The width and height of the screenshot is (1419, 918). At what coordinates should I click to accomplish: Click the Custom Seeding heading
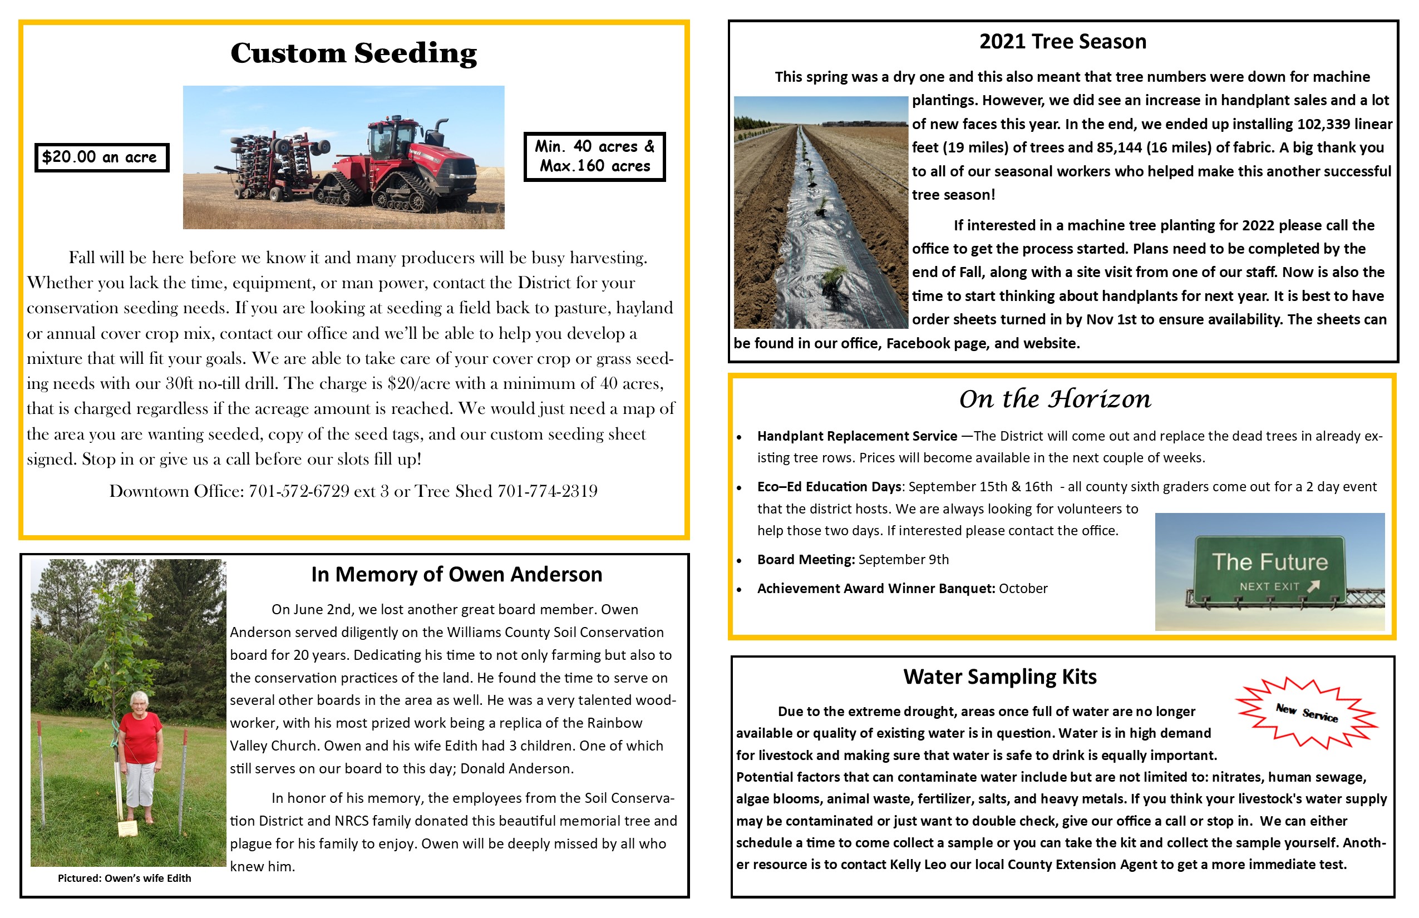pyautogui.click(x=353, y=53)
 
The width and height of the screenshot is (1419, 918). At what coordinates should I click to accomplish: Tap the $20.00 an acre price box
pyautogui.click(x=101, y=157)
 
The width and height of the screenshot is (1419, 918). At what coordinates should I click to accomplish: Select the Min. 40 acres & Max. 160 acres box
pyautogui.click(x=594, y=156)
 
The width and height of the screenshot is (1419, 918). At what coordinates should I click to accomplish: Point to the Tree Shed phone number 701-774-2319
pyautogui.click(x=548, y=491)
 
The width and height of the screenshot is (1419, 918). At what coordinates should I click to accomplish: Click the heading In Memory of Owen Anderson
pyautogui.click(x=457, y=575)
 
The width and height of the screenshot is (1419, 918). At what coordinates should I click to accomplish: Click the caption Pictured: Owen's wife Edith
pyautogui.click(x=124, y=878)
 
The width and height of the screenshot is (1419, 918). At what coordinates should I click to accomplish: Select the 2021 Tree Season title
pyautogui.click(x=1062, y=42)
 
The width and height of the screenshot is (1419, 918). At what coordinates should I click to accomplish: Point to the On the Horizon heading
pyautogui.click(x=1055, y=399)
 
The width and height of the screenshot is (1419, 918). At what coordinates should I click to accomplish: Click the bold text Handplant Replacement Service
pyautogui.click(x=857, y=436)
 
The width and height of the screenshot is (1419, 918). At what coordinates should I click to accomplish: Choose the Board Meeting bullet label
pyautogui.click(x=806, y=560)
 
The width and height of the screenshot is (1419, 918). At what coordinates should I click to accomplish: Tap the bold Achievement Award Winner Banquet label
pyautogui.click(x=876, y=589)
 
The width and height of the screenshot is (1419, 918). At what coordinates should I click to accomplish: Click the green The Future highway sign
pyautogui.click(x=1269, y=569)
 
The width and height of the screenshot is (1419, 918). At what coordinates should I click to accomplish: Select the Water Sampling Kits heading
pyautogui.click(x=999, y=677)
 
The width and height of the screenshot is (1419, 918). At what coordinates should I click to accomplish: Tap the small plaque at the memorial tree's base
pyautogui.click(x=127, y=828)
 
